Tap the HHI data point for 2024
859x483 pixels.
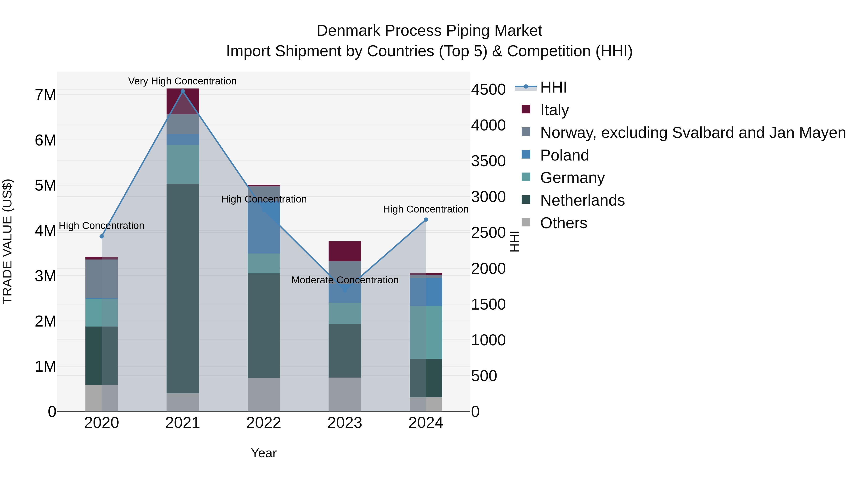[x=426, y=220]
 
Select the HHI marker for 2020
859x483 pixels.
[x=102, y=236]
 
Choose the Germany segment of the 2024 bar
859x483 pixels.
[x=426, y=332]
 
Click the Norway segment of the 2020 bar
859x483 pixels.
[x=102, y=279]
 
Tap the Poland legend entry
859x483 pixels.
[x=564, y=155]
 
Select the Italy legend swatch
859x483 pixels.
[x=526, y=109]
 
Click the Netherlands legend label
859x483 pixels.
[x=582, y=200]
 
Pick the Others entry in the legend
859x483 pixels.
[x=564, y=223]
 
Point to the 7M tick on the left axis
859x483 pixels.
[x=45, y=95]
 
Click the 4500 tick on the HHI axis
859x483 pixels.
[x=488, y=89]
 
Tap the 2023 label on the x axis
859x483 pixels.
[x=345, y=423]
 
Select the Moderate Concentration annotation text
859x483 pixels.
[x=345, y=280]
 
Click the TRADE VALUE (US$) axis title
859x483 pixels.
[x=7, y=241]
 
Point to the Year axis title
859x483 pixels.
[x=263, y=453]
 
